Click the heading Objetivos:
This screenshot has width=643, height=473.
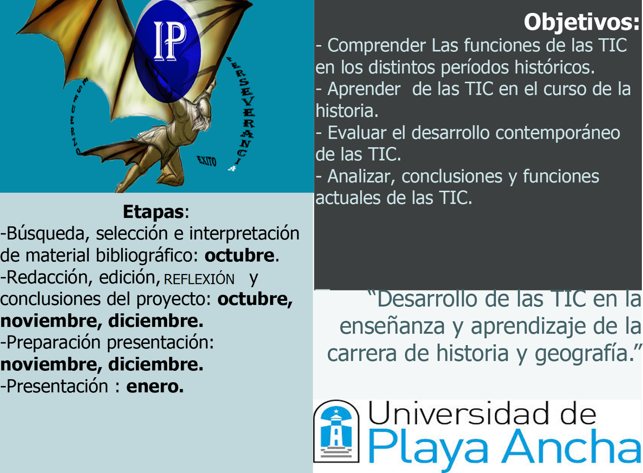(581, 22)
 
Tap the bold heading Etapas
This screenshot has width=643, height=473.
(153, 212)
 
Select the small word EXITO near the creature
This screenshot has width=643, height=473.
(207, 161)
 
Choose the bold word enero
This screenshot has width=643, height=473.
(155, 387)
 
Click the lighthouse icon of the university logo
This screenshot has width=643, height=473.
(336, 431)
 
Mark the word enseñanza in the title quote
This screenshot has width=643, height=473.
(392, 327)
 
